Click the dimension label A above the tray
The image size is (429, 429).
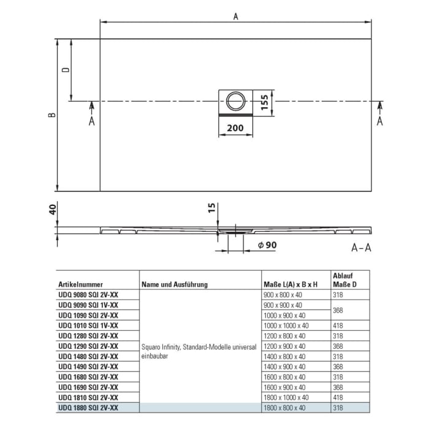(x=235, y=17)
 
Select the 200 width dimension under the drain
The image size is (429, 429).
(x=235, y=128)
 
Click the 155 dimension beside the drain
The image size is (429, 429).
(x=264, y=101)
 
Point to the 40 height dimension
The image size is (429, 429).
(x=53, y=210)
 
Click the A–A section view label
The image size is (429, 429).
(x=361, y=247)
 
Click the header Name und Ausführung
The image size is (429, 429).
(x=175, y=284)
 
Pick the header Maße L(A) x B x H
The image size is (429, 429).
(x=290, y=284)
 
